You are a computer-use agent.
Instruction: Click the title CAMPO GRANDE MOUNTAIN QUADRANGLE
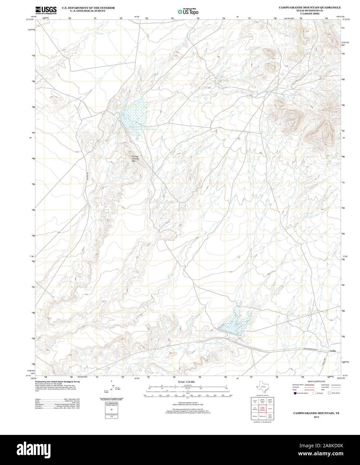[310, 7]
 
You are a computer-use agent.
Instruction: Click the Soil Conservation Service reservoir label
[142, 128]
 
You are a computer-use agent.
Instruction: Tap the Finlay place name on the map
[332, 351]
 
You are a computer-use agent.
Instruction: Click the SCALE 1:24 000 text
[186, 382]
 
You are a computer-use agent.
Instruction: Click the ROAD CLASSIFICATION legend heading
[316, 381]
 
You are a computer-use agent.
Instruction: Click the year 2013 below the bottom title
[316, 417]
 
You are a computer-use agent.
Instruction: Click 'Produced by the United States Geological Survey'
[57, 381]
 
